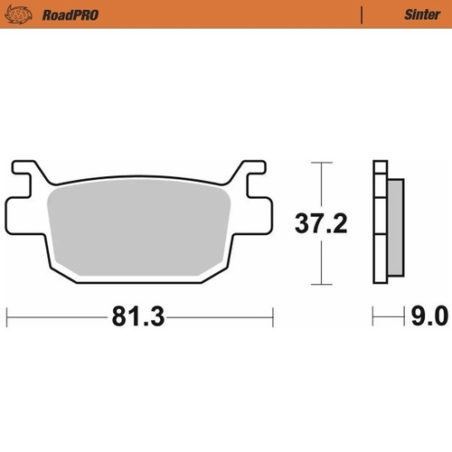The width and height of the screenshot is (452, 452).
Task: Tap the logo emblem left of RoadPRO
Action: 20,14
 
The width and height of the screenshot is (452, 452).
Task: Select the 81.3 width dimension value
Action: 138,317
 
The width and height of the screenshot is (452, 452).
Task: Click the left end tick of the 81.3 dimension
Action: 7,317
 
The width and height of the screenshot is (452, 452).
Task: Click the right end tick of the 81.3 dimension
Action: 273,317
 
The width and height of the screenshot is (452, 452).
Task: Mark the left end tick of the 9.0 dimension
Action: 373,317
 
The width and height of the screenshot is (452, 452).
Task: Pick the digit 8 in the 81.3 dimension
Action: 121,317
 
